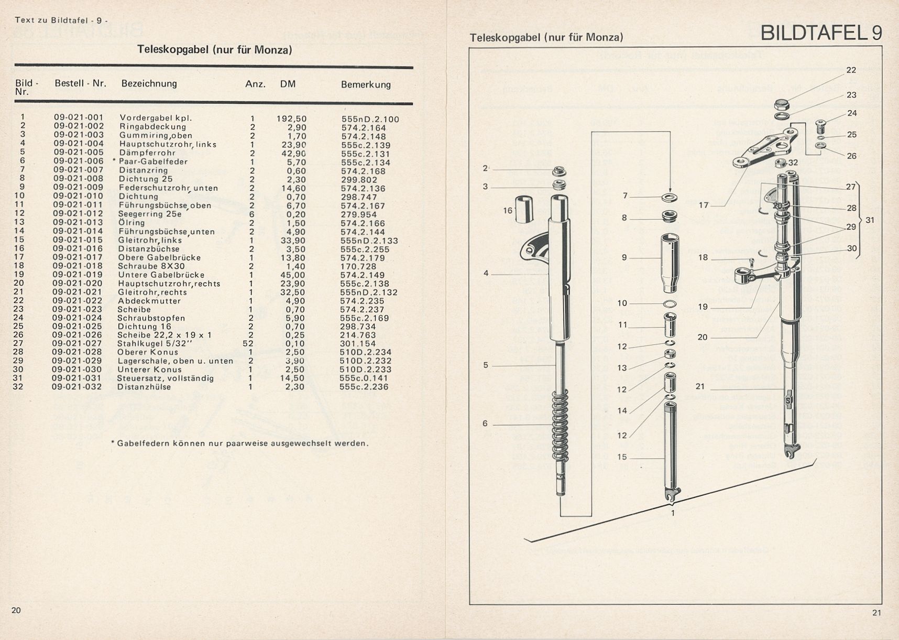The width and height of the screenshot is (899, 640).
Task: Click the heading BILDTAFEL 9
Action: click(x=821, y=32)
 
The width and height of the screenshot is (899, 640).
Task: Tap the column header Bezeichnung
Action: click(x=149, y=83)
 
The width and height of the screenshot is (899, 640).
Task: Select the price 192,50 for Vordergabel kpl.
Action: click(x=292, y=118)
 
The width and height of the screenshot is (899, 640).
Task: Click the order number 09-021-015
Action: click(x=78, y=240)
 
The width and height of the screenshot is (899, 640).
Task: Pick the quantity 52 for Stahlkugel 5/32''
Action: click(x=248, y=344)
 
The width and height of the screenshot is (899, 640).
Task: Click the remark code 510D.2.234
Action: click(x=365, y=352)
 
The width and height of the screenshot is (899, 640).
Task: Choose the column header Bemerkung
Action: click(x=366, y=84)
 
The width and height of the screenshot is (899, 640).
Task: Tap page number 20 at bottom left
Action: click(x=16, y=610)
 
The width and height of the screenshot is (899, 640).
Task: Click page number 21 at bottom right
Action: click(x=877, y=613)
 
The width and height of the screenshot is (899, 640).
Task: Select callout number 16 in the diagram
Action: click(x=508, y=211)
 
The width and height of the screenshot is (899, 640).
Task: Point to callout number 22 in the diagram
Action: click(x=851, y=70)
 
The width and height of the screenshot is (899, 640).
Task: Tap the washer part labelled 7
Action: click(x=669, y=198)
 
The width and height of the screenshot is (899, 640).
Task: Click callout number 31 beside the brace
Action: click(x=870, y=220)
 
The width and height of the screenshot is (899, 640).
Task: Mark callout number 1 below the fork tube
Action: click(x=673, y=513)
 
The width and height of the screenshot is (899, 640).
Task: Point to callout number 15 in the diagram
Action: click(x=622, y=457)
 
